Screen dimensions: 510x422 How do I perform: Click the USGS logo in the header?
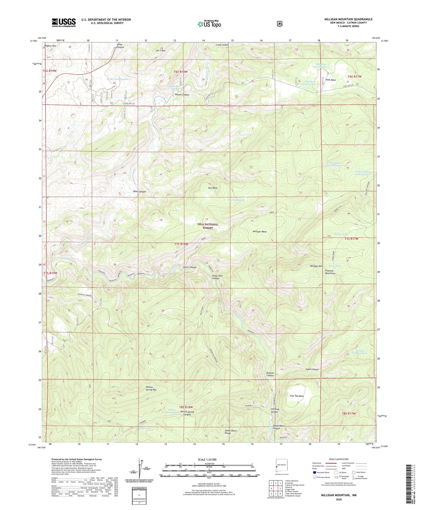click(64, 22)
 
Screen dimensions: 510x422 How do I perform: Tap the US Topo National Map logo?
click(209, 24)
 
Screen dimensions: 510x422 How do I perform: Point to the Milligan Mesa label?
click(260, 231)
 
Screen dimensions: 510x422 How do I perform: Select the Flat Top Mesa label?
click(297, 396)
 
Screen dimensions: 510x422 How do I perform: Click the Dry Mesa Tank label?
click(236, 200)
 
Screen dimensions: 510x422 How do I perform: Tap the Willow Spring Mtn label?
click(151, 388)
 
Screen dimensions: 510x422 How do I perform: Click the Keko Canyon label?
click(139, 192)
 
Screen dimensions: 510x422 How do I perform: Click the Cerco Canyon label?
click(190, 267)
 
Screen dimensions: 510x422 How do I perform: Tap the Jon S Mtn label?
click(161, 50)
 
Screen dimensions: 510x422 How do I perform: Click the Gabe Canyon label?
click(312, 369)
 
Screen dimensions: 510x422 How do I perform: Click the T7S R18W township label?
click(181, 244)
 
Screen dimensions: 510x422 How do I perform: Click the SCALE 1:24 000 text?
click(207, 459)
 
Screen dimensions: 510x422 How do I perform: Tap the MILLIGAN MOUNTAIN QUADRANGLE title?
click(348, 19)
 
